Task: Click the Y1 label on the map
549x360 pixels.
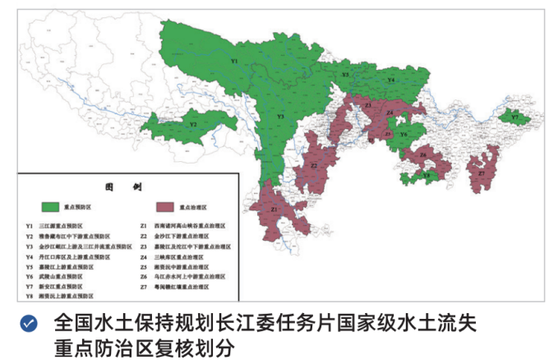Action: tap(234, 62)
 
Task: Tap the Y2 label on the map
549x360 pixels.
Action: tap(193, 124)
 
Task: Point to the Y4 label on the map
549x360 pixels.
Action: tap(391, 80)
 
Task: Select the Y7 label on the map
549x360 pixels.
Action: tap(515, 118)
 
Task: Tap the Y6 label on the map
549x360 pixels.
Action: tap(404, 134)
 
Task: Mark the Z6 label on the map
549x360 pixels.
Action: tap(422, 155)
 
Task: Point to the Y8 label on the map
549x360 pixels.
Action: tap(425, 174)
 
